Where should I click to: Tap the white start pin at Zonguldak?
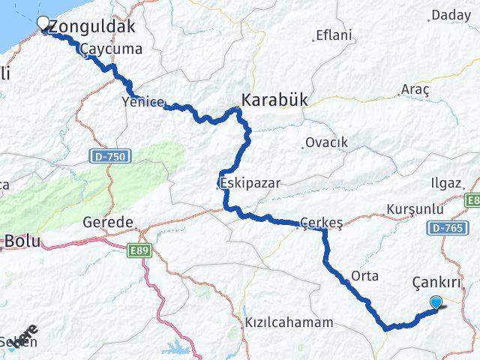coord(43,24)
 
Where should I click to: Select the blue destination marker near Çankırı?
coord(436,302)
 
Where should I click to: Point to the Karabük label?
coord(274,98)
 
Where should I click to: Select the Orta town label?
coord(364,275)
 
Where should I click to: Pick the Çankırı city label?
coord(435,282)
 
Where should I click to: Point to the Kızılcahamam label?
coord(289,322)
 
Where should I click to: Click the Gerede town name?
coord(108,223)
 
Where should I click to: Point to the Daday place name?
coord(451,14)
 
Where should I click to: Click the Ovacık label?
coord(327,142)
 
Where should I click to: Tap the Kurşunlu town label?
coord(410,208)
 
